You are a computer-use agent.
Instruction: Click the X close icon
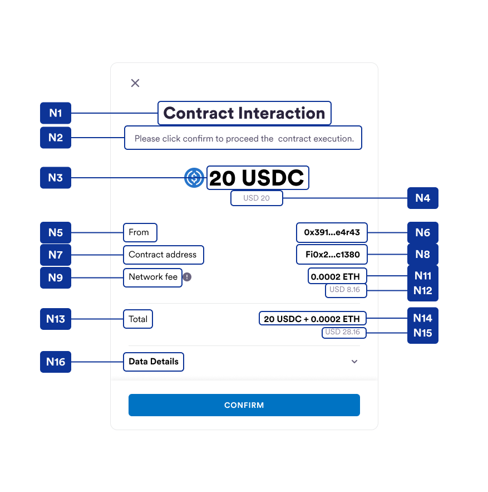click(x=135, y=83)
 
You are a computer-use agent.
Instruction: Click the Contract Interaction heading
click(x=244, y=113)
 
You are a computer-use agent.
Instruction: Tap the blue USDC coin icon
click(x=194, y=178)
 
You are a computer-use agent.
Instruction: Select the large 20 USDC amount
click(x=257, y=178)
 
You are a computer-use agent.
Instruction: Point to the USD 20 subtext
click(x=257, y=198)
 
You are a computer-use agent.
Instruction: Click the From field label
click(x=139, y=232)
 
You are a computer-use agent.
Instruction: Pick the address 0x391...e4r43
click(x=332, y=232)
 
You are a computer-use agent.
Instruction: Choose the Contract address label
click(x=162, y=255)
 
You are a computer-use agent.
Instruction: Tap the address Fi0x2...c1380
click(x=332, y=255)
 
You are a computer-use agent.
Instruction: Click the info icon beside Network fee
click(x=188, y=277)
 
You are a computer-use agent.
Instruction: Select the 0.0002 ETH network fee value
click(x=336, y=276)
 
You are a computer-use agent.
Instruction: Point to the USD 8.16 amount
click(x=345, y=290)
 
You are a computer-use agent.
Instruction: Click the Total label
click(x=138, y=319)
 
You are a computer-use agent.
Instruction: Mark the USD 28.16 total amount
click(x=343, y=333)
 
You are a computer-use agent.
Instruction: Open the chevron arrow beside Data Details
click(x=354, y=362)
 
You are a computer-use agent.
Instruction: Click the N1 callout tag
click(x=56, y=113)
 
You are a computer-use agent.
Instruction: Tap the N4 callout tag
click(x=422, y=198)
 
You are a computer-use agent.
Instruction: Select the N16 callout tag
click(x=56, y=362)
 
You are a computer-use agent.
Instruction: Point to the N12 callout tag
click(x=422, y=290)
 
